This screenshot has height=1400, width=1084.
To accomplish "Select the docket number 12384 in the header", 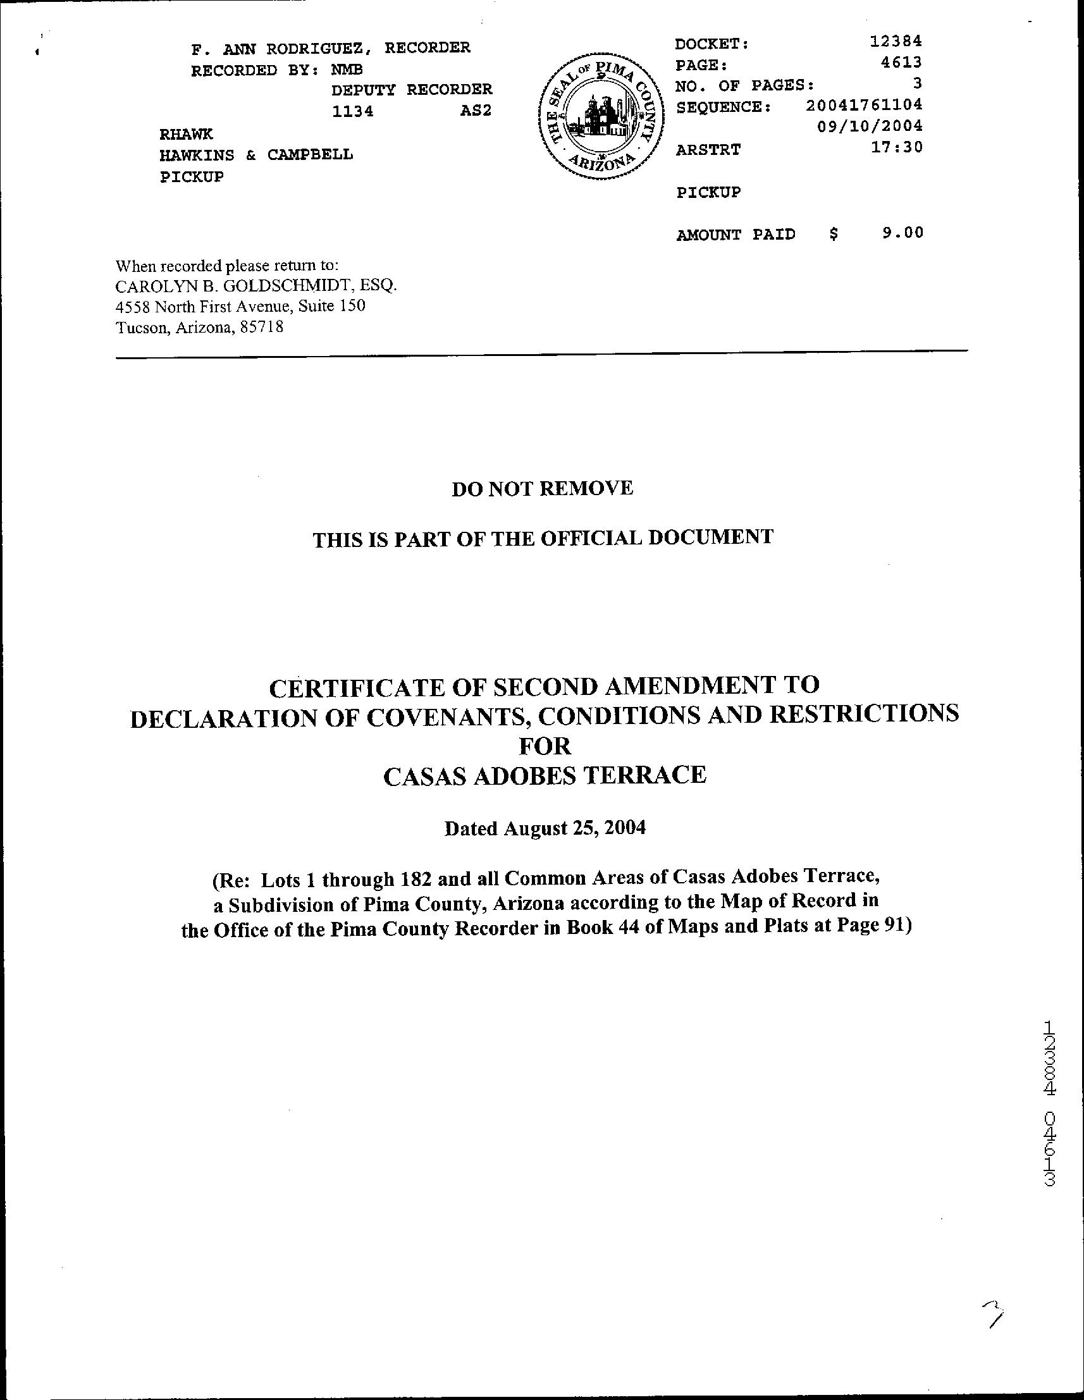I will (896, 41).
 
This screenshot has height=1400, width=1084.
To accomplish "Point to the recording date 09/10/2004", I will (870, 125).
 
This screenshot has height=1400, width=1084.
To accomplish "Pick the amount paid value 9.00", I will (902, 233).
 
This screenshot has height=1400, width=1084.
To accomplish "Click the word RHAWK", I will (186, 134).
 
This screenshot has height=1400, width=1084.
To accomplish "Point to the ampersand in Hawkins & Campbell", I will (250, 155).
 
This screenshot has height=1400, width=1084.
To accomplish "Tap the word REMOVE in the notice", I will (586, 488).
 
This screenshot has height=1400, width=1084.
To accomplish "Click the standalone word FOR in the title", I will (545, 746).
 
